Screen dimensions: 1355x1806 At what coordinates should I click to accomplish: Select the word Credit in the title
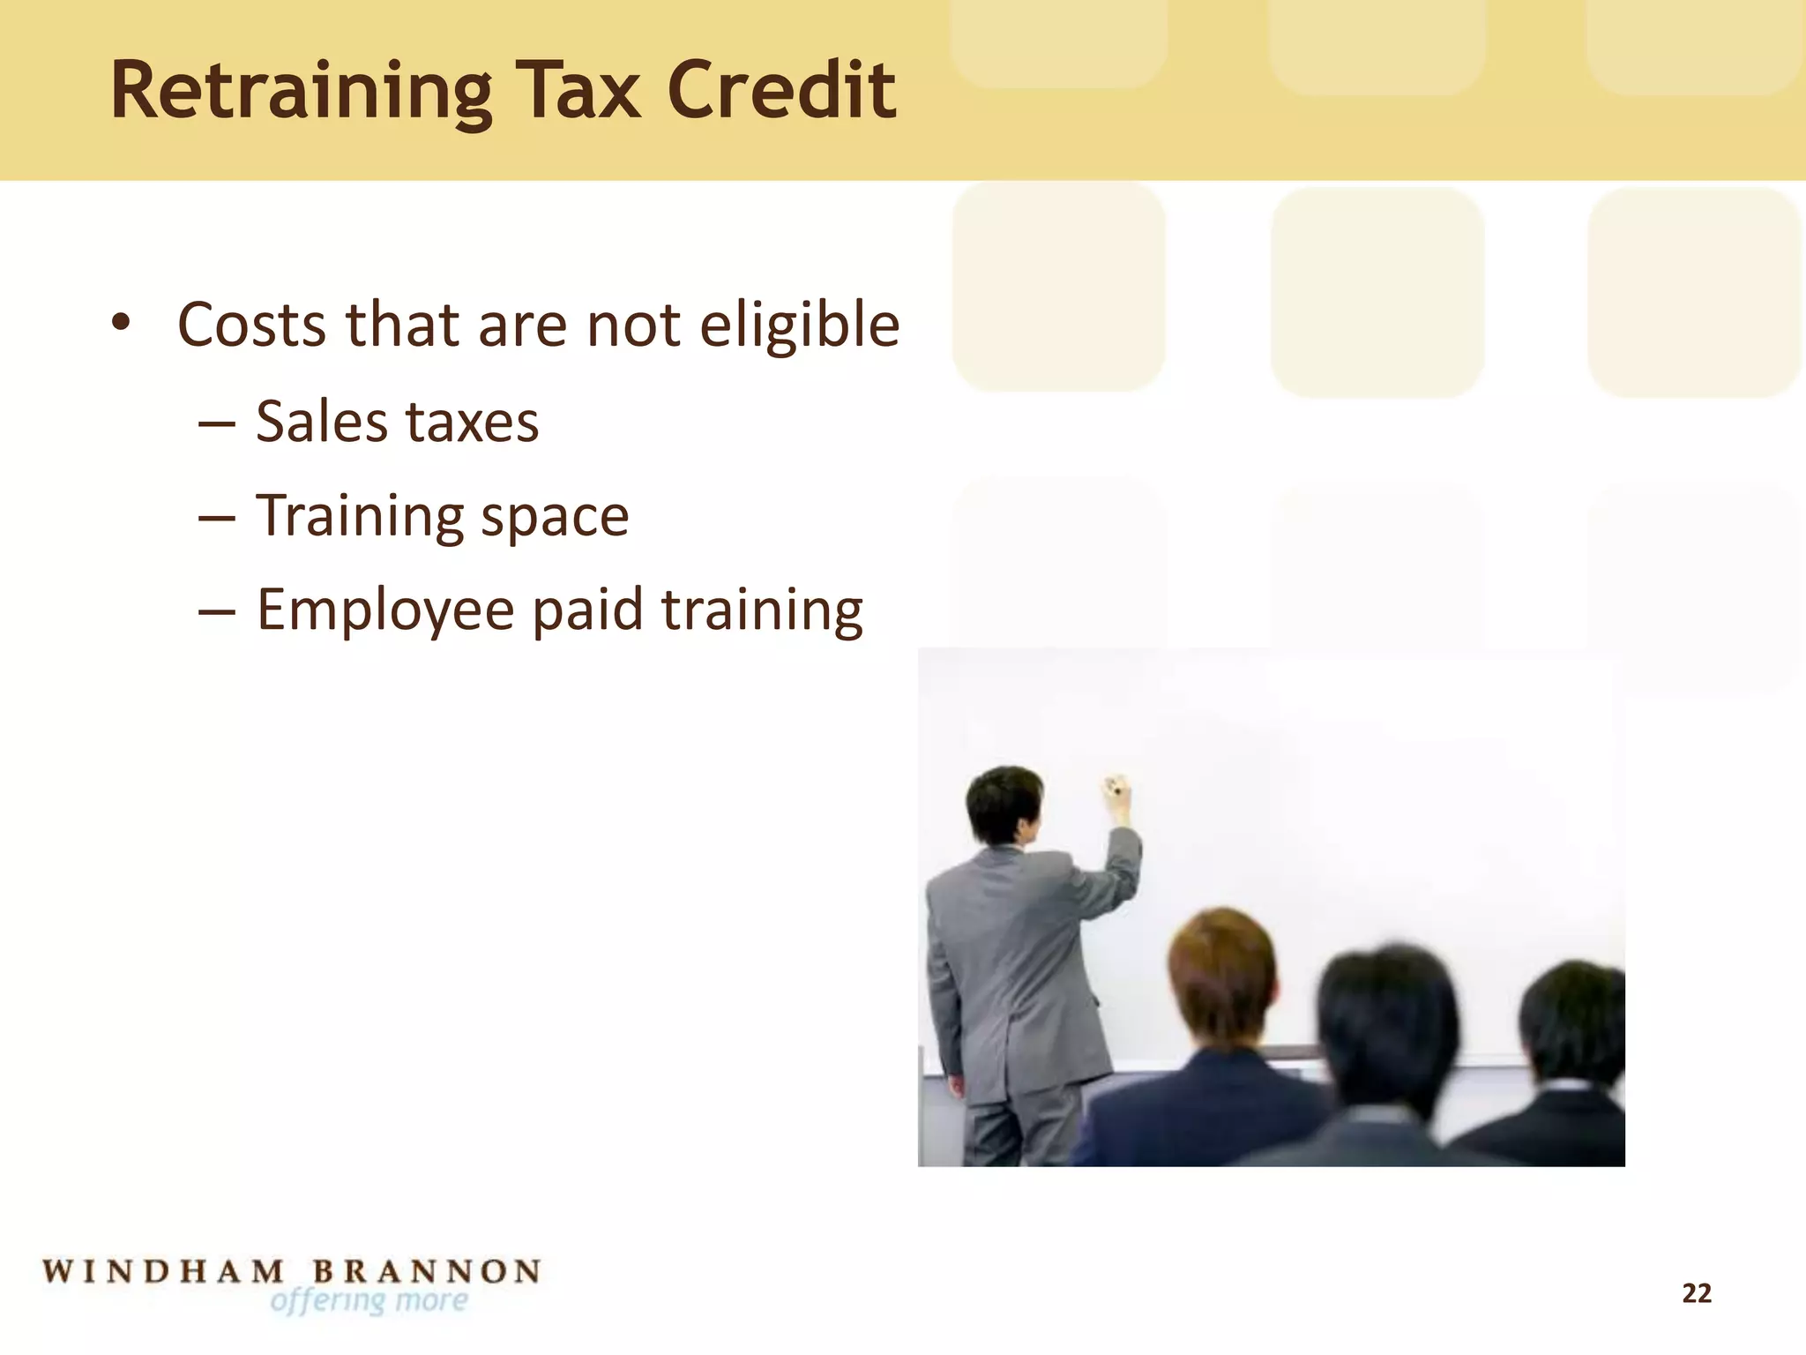(781, 90)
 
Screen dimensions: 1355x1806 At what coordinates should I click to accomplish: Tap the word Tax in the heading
(578, 92)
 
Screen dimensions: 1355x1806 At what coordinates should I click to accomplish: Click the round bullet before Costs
(121, 323)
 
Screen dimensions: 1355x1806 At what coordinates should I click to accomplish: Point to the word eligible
(800, 326)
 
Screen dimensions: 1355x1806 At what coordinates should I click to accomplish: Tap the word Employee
(385, 611)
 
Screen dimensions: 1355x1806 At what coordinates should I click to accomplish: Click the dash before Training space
(217, 518)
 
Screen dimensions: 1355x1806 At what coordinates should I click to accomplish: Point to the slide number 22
(1697, 1293)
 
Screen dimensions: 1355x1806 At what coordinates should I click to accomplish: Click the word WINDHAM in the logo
(164, 1272)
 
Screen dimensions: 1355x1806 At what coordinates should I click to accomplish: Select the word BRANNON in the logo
(427, 1272)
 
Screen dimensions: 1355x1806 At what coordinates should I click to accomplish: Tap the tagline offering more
(369, 1301)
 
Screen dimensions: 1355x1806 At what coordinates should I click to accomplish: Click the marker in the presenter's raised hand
(1116, 784)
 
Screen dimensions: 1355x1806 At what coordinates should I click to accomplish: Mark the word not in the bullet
(634, 326)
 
